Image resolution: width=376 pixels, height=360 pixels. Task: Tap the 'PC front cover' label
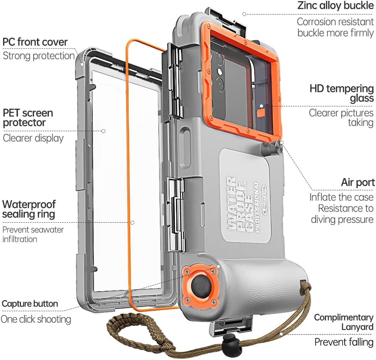point(35,42)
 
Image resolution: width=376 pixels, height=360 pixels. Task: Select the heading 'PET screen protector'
point(27,118)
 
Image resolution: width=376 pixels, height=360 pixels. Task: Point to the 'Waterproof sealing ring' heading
point(29,209)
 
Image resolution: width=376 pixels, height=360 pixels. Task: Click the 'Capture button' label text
point(30,304)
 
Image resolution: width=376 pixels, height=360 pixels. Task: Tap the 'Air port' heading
point(358,182)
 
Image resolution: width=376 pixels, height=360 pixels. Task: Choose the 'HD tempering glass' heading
point(341,93)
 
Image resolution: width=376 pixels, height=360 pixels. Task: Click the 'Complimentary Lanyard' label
point(344,322)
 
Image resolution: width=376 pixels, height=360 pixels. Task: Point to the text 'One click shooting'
point(36,319)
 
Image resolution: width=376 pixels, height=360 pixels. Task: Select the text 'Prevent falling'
point(344,342)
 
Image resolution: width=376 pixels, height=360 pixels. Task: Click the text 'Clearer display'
point(33,138)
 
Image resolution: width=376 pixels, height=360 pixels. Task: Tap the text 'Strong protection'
point(39,56)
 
